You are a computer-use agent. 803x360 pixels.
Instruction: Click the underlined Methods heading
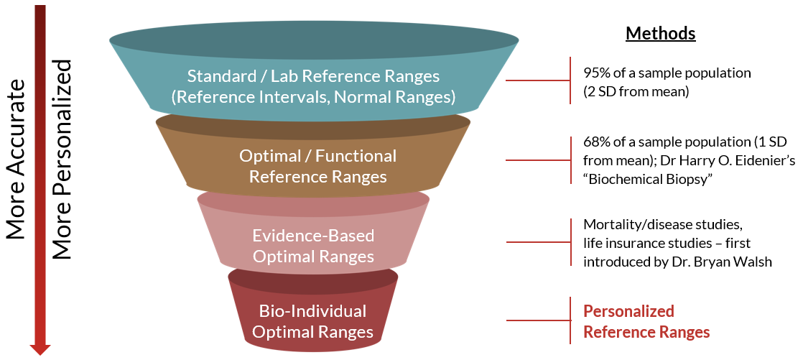coord(660,33)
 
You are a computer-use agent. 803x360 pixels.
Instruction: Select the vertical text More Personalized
coord(63,159)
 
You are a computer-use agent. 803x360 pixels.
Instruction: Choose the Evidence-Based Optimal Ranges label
coord(313,246)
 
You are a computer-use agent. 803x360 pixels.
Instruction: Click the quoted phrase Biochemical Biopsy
coord(647,177)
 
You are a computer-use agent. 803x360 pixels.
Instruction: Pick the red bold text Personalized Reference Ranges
coord(646,321)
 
